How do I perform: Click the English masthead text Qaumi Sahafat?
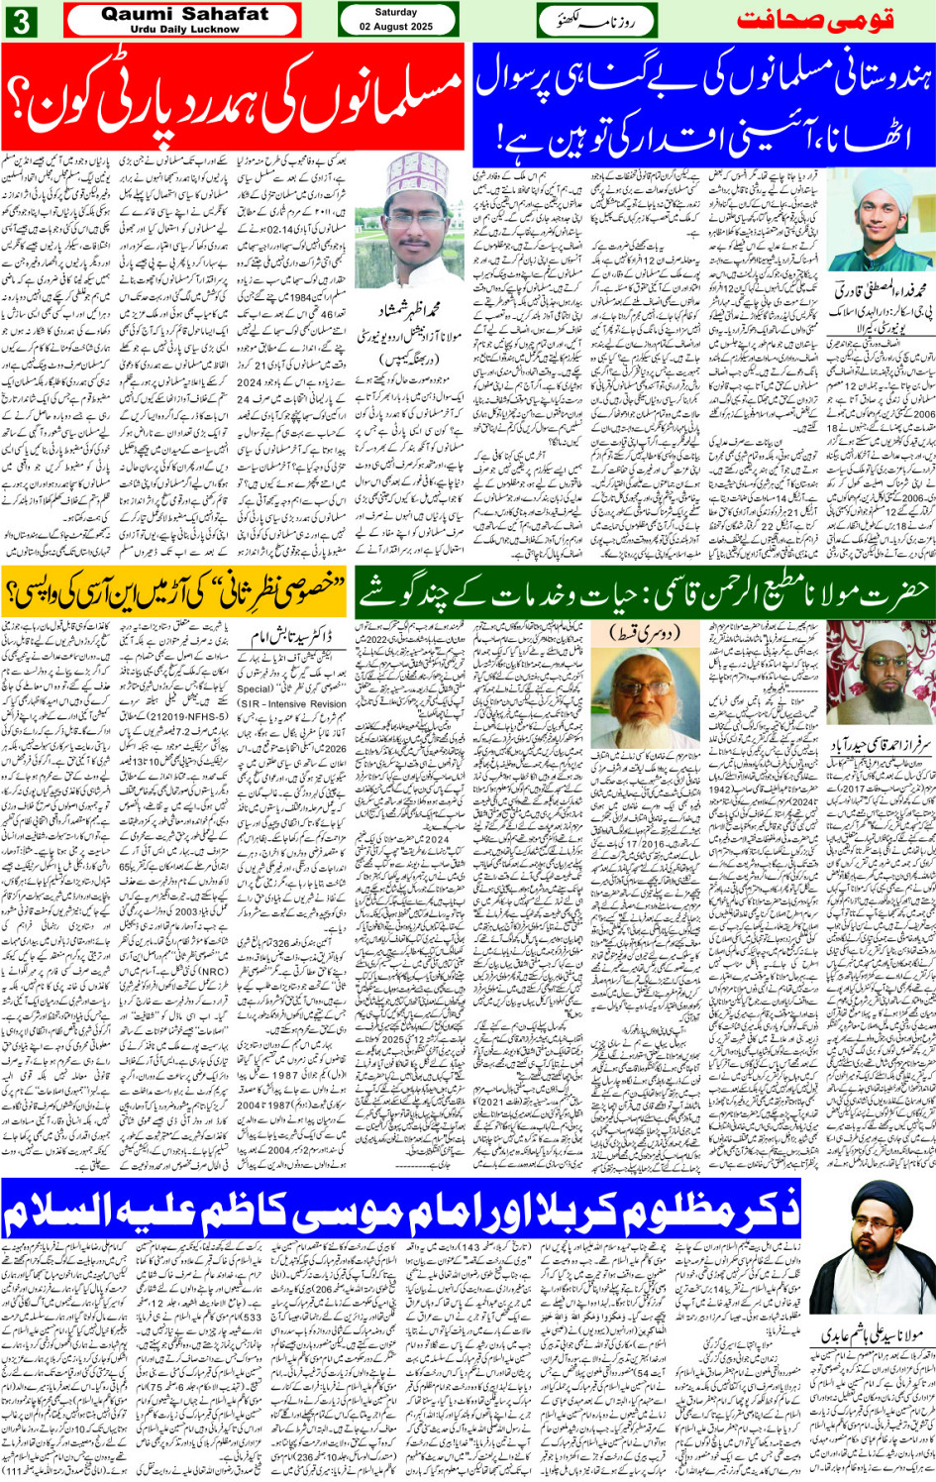[x=184, y=14]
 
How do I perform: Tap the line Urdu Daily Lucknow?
[x=184, y=30]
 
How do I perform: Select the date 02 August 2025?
[x=396, y=27]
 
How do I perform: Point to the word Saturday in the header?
[x=396, y=12]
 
